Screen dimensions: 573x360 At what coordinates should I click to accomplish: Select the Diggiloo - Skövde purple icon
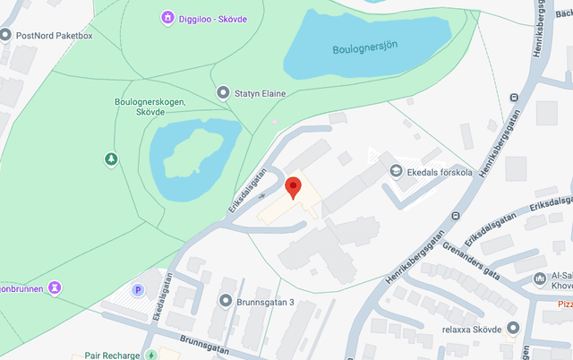coord(167,18)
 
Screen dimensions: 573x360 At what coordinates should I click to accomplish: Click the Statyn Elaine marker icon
coord(223,92)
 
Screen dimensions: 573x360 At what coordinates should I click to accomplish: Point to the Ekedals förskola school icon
coord(395,170)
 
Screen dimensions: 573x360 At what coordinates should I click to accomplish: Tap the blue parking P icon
coord(138,290)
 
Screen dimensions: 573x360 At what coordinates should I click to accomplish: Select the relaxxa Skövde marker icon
coord(512,328)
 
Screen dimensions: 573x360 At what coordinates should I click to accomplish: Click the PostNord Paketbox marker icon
coord(6,35)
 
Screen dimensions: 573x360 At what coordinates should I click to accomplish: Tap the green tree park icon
coord(111,159)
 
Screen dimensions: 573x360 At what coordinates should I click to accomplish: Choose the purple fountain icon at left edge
coord(55,287)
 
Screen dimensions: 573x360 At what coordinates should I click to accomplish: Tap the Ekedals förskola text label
coord(440,170)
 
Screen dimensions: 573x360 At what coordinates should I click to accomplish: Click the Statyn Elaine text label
coord(266,92)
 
